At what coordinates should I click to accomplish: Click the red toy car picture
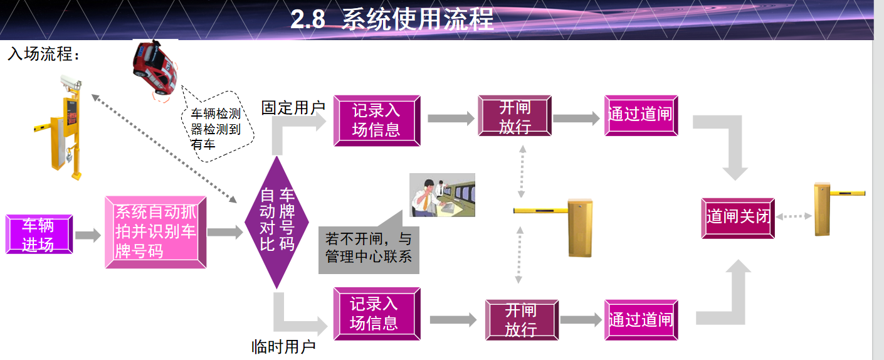(154, 66)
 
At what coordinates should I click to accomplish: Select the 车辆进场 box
(39, 235)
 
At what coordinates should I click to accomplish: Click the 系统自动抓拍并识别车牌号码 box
(155, 231)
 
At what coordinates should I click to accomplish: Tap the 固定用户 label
(293, 107)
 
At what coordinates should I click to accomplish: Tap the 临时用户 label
(283, 346)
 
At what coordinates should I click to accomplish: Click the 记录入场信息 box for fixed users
(376, 120)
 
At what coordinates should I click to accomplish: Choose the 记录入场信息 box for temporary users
(374, 314)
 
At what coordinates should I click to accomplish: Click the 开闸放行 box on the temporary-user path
(521, 320)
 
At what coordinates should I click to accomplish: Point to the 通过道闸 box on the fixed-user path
(640, 115)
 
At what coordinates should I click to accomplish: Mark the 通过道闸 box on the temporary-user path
(640, 320)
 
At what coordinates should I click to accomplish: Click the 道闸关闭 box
(737, 218)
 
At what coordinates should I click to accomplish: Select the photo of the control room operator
(442, 195)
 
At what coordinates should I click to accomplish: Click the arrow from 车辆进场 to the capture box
(88, 236)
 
